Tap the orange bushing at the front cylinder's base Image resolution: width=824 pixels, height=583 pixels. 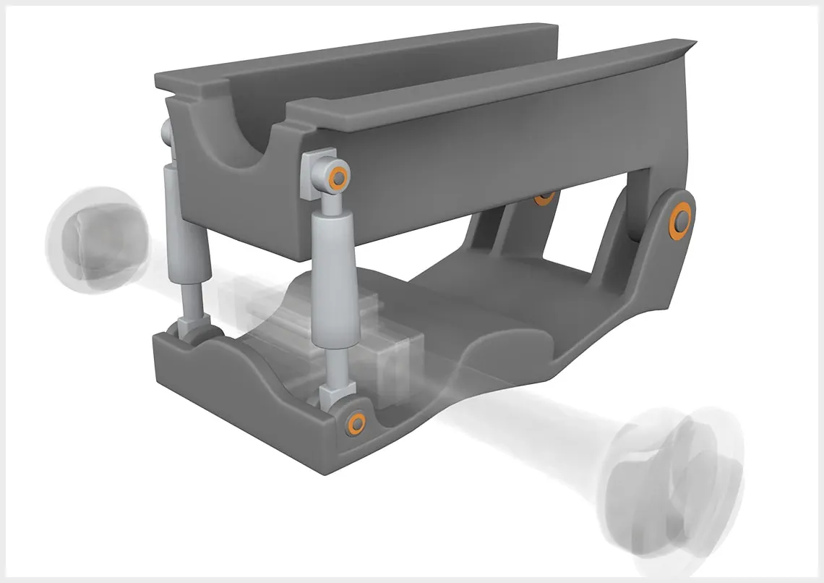356,422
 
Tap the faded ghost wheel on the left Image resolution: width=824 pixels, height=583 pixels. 96,230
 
